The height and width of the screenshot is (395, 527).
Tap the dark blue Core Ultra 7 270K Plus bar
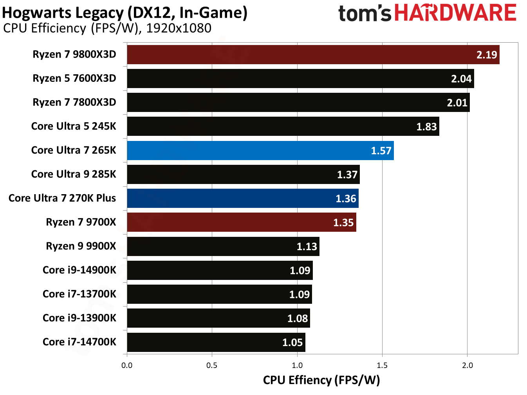pos(243,198)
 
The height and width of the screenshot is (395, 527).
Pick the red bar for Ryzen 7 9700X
pos(242,222)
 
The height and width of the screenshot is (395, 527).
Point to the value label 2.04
pos(461,79)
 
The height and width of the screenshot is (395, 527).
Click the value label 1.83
pos(426,127)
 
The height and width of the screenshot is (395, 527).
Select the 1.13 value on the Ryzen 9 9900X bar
pos(307,247)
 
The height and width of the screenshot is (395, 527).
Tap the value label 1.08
pos(298,319)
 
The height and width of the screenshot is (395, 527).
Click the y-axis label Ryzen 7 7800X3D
pos(74,103)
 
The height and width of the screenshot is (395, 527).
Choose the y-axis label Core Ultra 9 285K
pos(74,174)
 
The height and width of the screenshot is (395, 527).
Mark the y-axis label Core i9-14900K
pos(79,270)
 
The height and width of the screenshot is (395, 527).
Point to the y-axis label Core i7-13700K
pos(79,294)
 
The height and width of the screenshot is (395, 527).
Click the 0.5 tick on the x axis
pos(212,365)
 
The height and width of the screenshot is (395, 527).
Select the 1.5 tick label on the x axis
pos(382,365)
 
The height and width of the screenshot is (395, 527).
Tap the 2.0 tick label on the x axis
pos(467,365)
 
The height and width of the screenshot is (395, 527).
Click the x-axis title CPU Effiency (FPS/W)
pos(321,380)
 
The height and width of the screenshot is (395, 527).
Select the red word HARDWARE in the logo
pos(455,13)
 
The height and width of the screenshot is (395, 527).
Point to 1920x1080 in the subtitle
pos(179,29)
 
